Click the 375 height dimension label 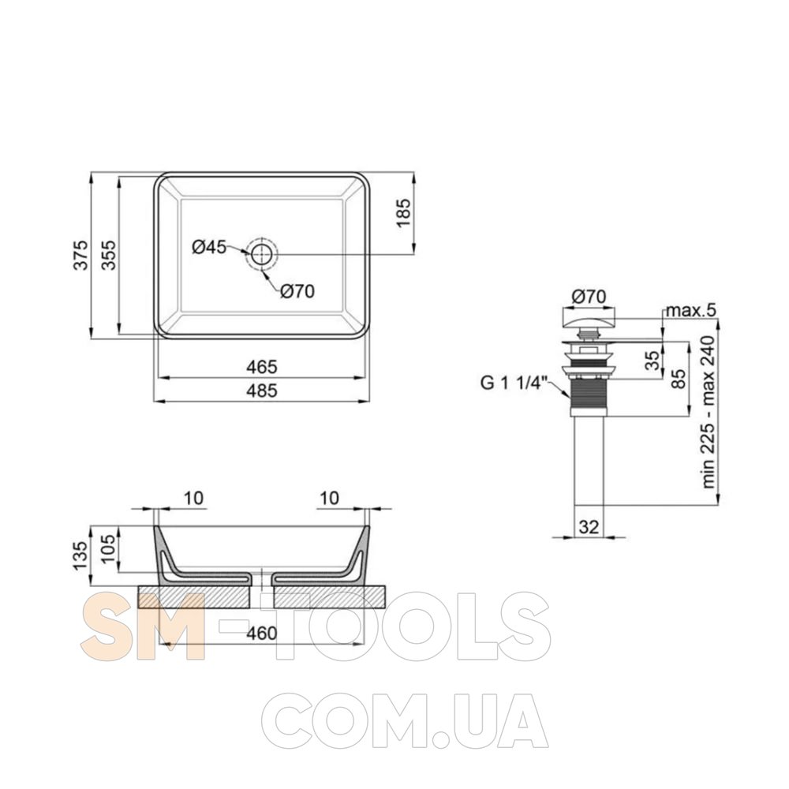coord(81,255)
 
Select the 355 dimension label coord(109,255)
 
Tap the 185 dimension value coord(403,213)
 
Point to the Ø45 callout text coord(209,247)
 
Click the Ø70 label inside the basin coord(297,291)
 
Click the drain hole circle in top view coord(261,254)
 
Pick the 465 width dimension coord(262,367)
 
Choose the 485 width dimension coord(262,391)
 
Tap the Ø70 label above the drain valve coord(589,297)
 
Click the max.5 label coord(690,310)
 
